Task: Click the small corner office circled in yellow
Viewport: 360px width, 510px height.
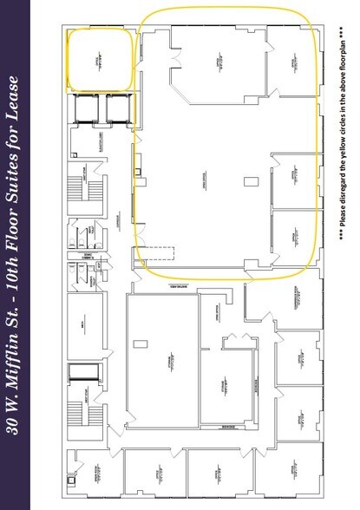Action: click(x=100, y=59)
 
